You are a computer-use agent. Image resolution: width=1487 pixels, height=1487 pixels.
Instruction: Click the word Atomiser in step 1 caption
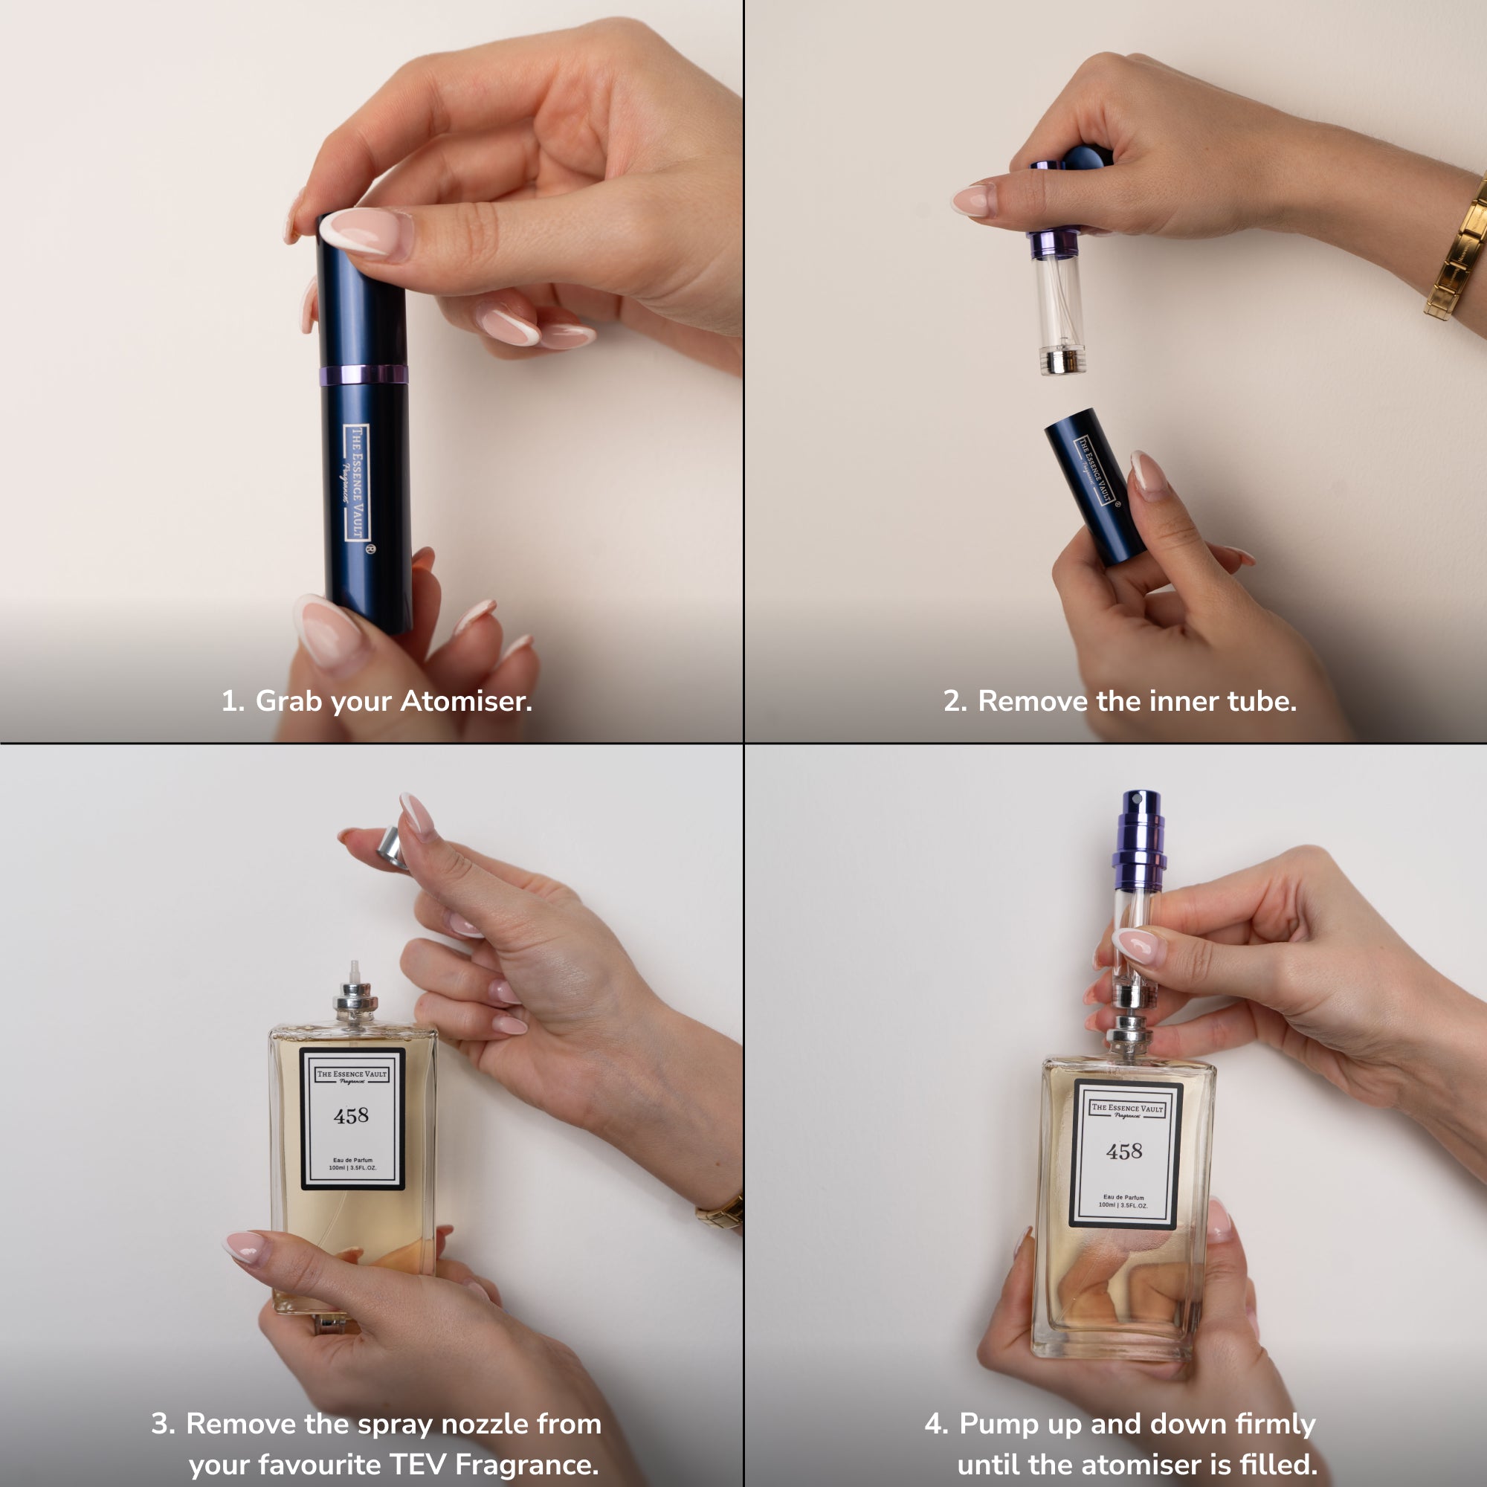(465, 700)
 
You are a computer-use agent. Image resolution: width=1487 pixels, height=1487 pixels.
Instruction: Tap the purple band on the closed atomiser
(364, 375)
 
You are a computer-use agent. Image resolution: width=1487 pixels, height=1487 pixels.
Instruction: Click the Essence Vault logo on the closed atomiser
(357, 483)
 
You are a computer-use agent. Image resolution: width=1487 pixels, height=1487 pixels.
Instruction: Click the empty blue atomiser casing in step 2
(1094, 485)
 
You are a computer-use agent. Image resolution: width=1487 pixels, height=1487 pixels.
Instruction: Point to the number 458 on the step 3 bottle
(351, 1115)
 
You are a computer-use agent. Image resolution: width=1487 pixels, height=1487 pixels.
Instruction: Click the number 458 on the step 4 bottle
(1124, 1152)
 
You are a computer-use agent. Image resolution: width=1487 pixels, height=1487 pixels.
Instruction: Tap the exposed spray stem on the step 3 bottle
(355, 971)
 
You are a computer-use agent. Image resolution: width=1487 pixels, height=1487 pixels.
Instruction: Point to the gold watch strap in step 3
(720, 1212)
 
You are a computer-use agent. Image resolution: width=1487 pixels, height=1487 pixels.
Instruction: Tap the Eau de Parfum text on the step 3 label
(352, 1160)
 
